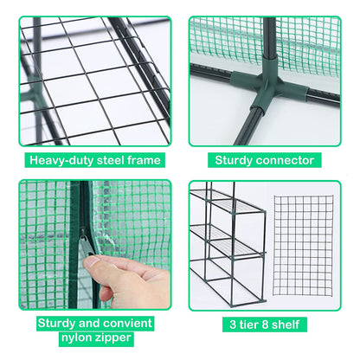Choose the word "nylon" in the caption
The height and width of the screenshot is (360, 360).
point(75,337)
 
